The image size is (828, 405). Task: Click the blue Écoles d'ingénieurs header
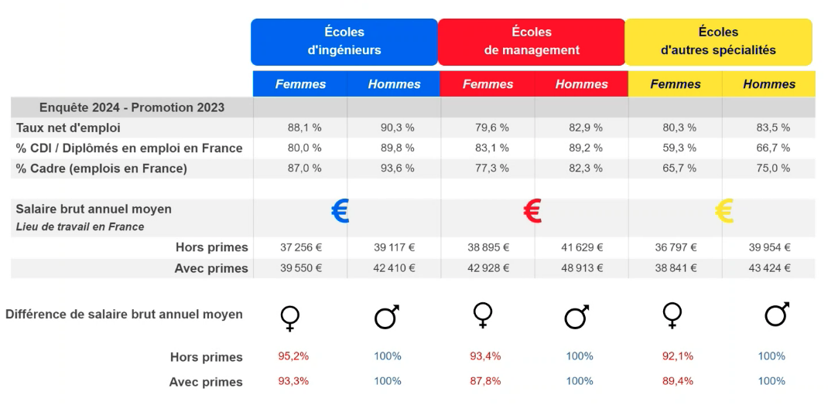coord(344,42)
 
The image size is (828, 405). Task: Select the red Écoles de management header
coord(532,42)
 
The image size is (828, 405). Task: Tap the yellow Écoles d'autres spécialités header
coord(718,42)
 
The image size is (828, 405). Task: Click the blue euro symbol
coord(340,211)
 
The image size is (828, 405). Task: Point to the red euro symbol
coord(532,211)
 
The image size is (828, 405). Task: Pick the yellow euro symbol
coord(723,211)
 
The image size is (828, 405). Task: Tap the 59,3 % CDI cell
coord(675,148)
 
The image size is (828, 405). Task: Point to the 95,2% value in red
coord(294,356)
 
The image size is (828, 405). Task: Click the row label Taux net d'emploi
coord(69,128)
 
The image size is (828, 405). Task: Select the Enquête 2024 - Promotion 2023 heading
coord(132,107)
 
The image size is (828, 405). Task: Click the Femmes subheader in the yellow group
coord(675,84)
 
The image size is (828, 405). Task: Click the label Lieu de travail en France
coord(80,226)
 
